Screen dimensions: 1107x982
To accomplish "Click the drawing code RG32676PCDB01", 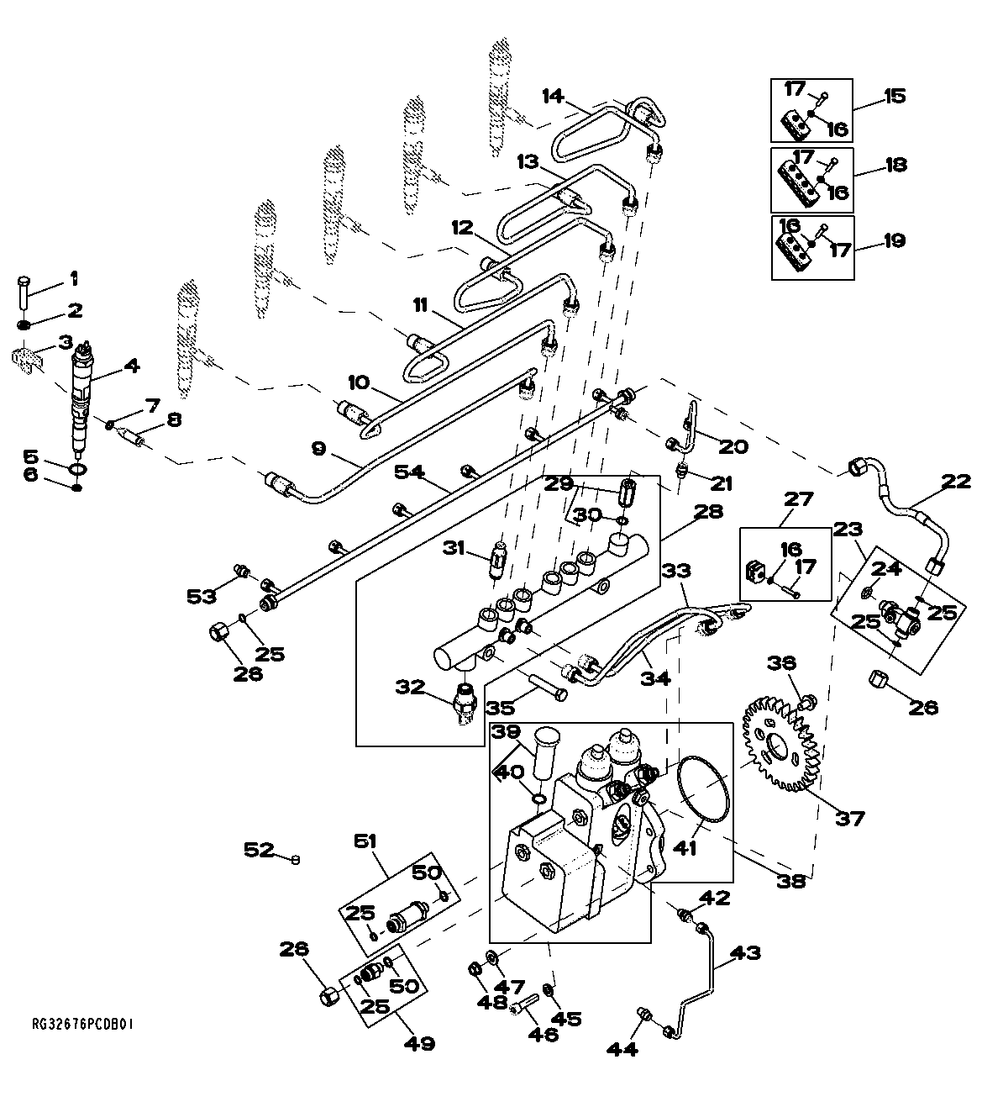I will [x=83, y=1025].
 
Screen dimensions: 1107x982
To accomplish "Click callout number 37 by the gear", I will [x=849, y=816].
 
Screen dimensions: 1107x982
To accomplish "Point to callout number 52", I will [x=259, y=850].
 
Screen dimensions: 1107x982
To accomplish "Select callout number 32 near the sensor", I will [x=411, y=688].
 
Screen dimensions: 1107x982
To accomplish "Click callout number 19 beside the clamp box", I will [x=895, y=241].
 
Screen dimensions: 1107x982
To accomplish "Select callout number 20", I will [x=733, y=446].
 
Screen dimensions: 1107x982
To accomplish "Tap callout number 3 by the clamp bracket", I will [x=65, y=341].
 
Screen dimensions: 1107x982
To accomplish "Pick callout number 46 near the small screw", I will [x=544, y=1034].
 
